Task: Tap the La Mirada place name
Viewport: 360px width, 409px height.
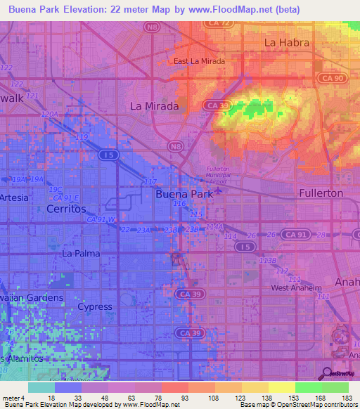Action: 155,106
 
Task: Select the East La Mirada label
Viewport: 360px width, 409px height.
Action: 199,61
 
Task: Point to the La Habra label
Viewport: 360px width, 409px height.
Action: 286,42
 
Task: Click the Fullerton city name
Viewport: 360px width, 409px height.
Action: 321,193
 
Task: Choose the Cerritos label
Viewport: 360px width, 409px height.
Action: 65,209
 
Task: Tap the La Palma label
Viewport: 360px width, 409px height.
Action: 81,253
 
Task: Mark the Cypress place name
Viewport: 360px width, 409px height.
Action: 94,306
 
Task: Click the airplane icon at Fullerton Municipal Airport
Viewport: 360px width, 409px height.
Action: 217,190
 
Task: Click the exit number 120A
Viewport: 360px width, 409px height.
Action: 49,114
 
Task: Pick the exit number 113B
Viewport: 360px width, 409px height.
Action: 266,260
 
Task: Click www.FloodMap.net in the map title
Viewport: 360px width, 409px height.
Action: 238,10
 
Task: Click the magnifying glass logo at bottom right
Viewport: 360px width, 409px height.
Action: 327,373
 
